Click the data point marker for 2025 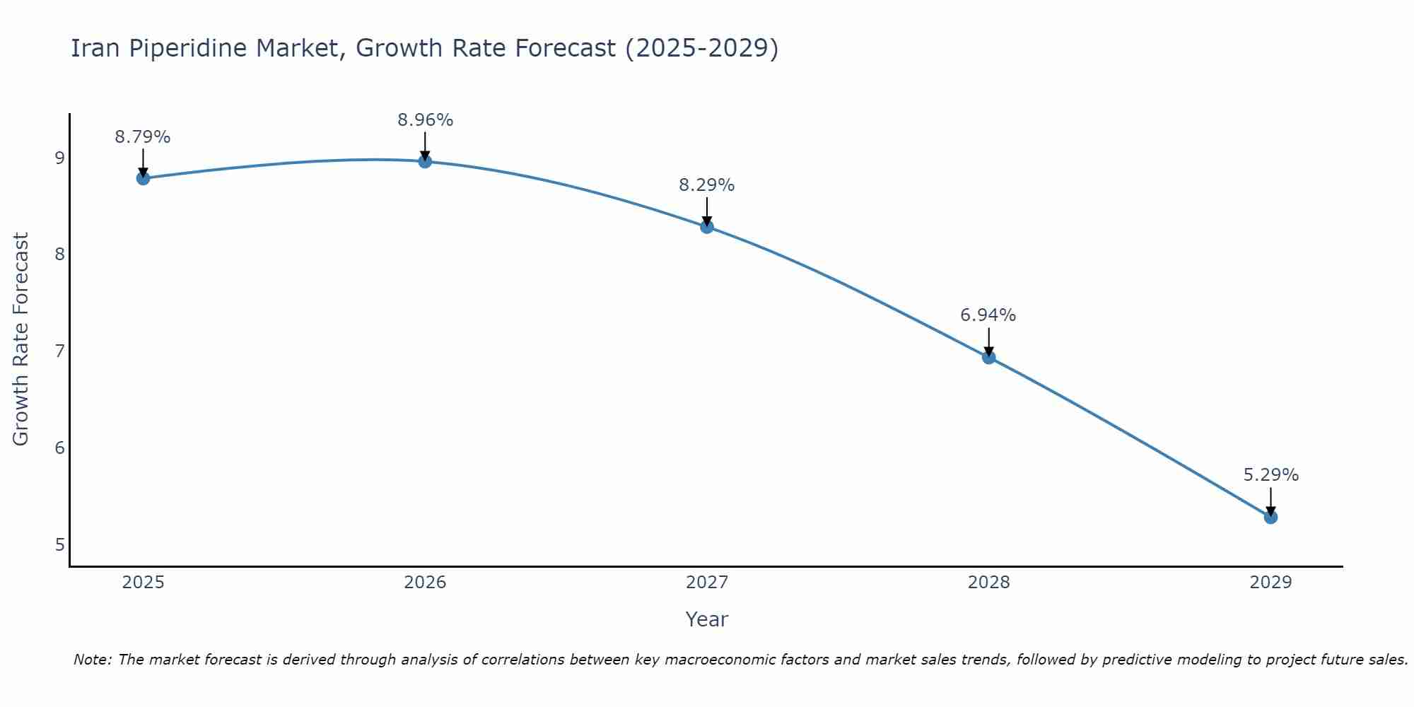coord(143,178)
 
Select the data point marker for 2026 coord(425,161)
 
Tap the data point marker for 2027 coord(707,227)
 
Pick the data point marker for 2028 coord(989,357)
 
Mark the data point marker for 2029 coord(1270,518)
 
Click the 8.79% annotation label coord(143,137)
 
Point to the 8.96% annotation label coord(425,120)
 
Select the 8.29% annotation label coord(707,185)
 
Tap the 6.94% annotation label coord(988,315)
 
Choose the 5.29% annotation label coord(1270,475)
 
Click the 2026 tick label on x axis coord(425,583)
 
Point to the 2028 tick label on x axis coord(989,583)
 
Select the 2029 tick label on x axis coord(1270,583)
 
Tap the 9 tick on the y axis coord(59,158)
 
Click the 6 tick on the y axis coord(59,448)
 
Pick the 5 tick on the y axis coord(59,544)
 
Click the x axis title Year coord(706,619)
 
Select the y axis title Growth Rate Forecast coord(21,339)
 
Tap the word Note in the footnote coord(92,660)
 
